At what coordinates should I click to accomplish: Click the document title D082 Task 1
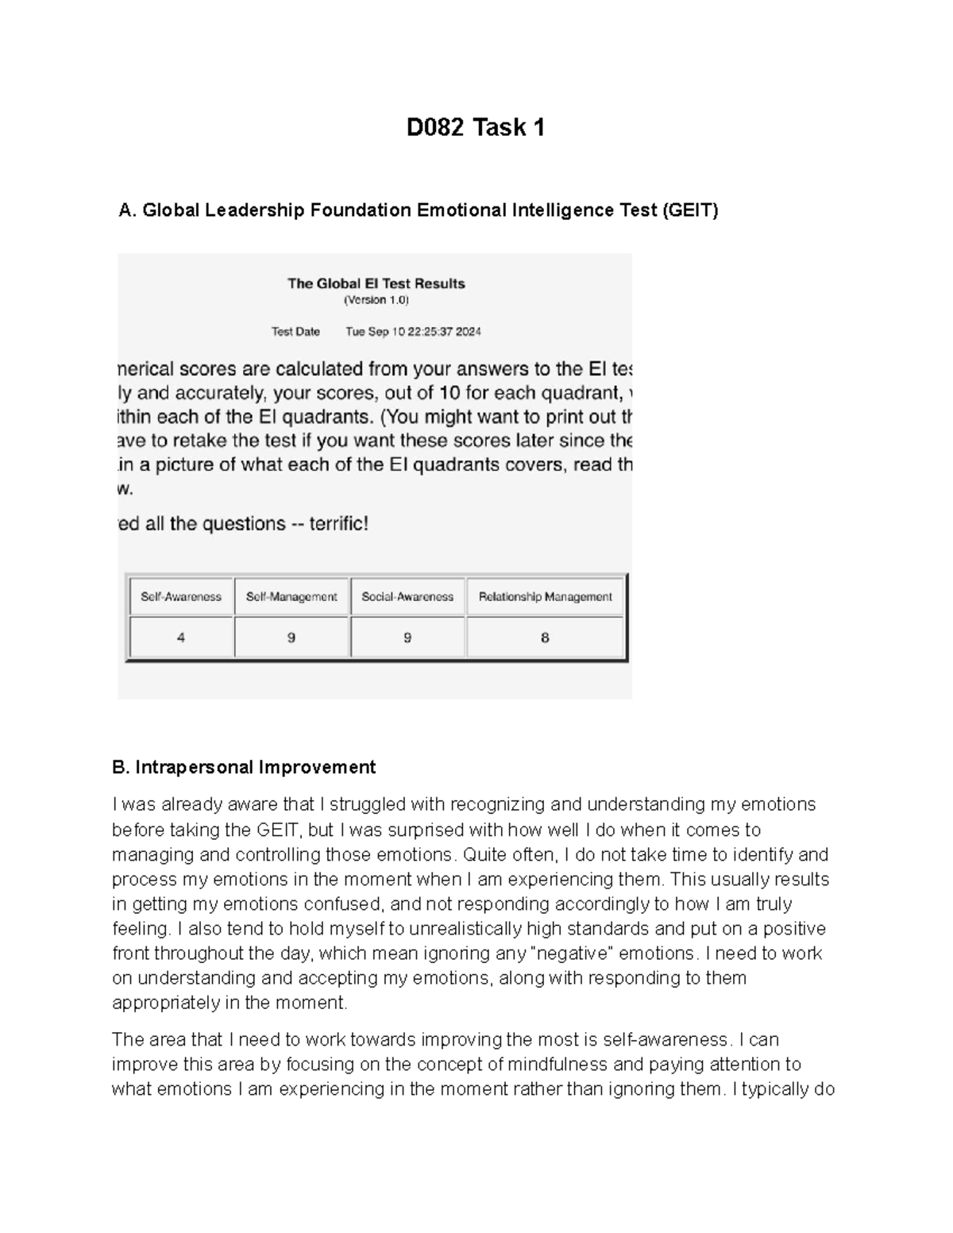point(476,127)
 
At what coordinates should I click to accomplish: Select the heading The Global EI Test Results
point(376,283)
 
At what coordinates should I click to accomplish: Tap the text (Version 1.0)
point(376,300)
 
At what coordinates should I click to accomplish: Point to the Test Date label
point(295,332)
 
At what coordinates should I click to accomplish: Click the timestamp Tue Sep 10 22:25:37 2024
point(413,332)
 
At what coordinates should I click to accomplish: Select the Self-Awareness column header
point(181,596)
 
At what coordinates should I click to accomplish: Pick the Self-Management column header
point(291,596)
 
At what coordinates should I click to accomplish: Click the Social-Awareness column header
point(407,596)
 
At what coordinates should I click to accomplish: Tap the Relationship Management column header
point(545,596)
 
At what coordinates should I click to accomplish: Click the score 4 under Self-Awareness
point(181,638)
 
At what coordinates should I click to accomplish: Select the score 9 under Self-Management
point(291,638)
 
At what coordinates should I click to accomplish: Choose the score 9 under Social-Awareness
point(407,638)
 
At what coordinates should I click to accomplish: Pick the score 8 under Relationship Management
point(545,638)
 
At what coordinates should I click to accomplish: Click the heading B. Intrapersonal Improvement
point(244,767)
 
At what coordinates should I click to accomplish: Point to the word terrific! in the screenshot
point(338,524)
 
